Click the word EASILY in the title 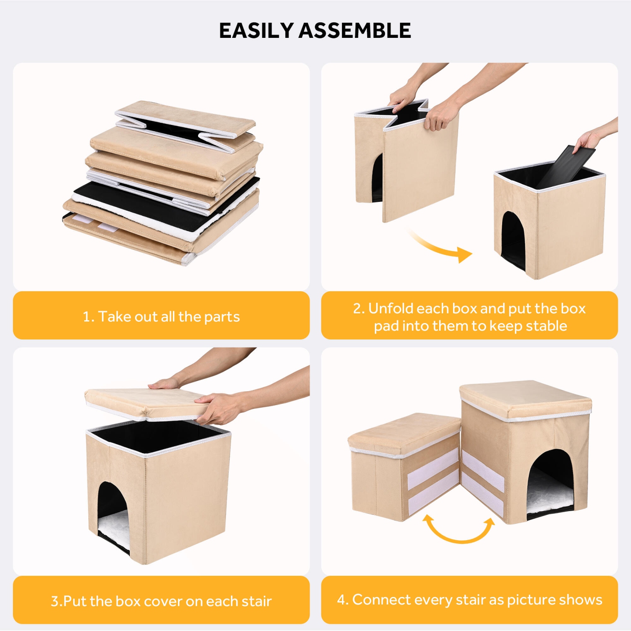[256, 30]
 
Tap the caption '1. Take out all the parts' [161, 316]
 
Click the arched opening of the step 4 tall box [550, 483]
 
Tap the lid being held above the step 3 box [147, 404]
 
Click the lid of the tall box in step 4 [525, 400]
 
